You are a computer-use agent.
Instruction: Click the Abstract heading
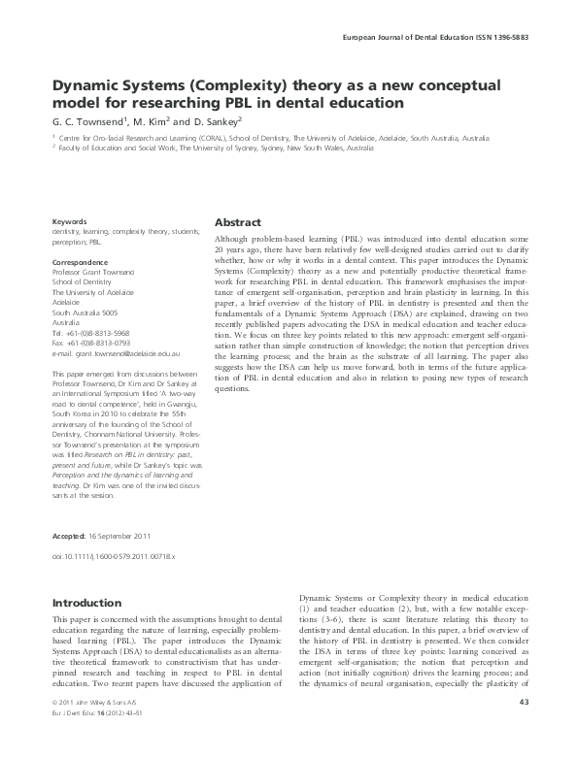(237, 221)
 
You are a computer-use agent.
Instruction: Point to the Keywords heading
(70, 221)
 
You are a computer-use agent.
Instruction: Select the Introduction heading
(86, 603)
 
